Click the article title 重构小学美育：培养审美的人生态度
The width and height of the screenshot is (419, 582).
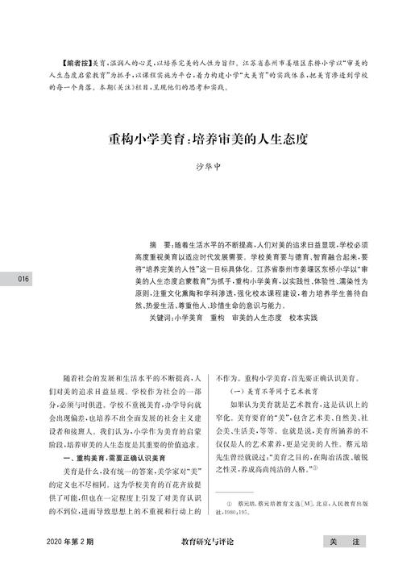point(209,139)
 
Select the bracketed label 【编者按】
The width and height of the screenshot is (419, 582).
point(77,61)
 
